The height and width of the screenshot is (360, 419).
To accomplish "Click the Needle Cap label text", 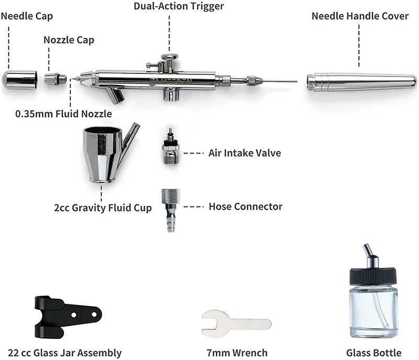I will click(x=27, y=16).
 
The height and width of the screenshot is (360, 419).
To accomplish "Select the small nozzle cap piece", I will click(x=55, y=80).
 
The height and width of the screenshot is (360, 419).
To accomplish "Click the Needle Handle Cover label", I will click(x=360, y=16).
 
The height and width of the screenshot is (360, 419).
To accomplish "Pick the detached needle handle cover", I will click(x=361, y=81).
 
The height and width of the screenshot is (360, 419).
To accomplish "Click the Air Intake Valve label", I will click(x=245, y=153).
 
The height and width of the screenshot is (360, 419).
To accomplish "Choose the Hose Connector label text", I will click(x=245, y=206).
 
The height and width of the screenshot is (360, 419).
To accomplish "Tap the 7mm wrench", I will click(x=236, y=323).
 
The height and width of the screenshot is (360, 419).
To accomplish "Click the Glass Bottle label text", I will click(x=373, y=353).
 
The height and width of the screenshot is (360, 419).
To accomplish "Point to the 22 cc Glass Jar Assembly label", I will click(x=61, y=353).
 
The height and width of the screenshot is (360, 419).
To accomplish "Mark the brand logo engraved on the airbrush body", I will click(x=156, y=80).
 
